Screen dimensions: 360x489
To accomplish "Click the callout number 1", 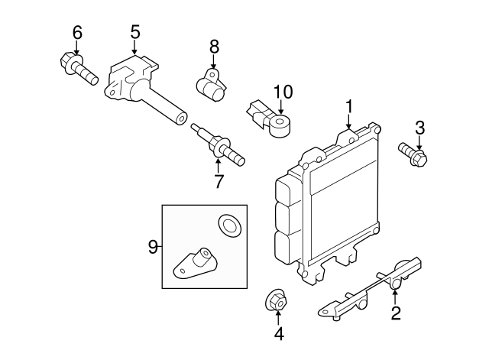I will tap(349, 106).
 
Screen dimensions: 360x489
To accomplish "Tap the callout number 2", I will tap(396, 313).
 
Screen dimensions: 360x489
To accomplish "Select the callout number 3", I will tap(419, 127).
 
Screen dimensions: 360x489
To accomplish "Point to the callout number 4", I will tap(279, 333).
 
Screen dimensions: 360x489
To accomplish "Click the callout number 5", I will tap(135, 32).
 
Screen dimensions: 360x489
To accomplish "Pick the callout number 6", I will tap(76, 32).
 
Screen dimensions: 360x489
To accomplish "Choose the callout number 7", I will tap(219, 181).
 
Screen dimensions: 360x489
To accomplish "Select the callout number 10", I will tap(283, 92).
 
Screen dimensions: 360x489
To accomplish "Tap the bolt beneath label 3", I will tap(413, 154).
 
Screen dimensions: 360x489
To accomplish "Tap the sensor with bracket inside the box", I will tap(197, 261).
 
